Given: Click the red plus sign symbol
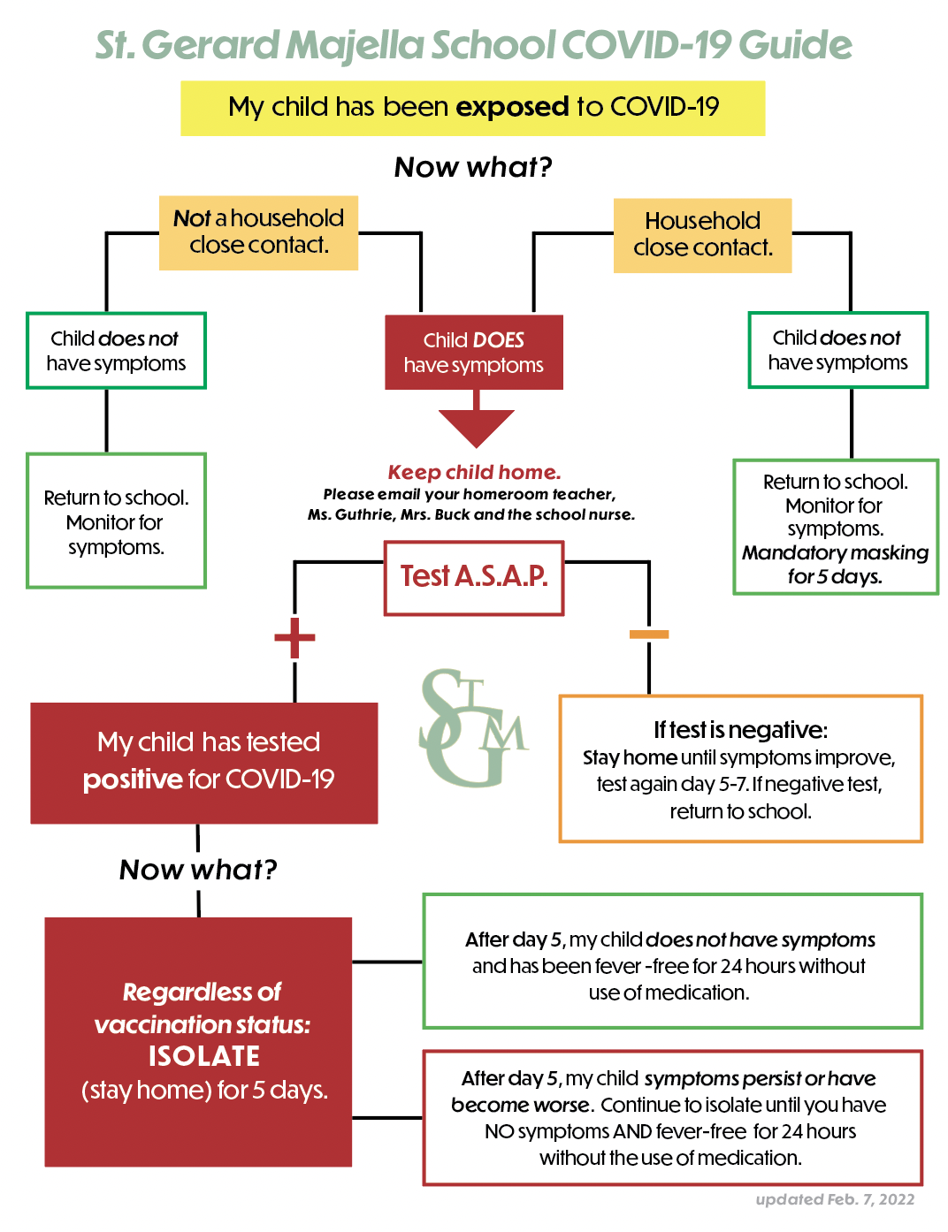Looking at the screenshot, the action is [294, 637].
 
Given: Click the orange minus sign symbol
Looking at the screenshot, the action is [648, 634].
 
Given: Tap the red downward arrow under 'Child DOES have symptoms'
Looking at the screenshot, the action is [476, 419].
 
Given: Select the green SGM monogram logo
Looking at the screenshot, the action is [474, 727].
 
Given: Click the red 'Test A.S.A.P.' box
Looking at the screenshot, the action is [474, 578].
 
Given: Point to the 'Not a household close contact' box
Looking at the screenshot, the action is [258, 232].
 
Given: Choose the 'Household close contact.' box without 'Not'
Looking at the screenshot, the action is [702, 235].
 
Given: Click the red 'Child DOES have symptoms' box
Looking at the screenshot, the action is [474, 352].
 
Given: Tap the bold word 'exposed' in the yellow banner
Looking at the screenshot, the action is [512, 107].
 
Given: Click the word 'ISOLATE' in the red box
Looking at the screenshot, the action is [204, 1056].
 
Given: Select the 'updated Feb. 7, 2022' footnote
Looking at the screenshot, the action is [835, 1199].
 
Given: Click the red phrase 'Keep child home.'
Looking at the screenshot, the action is [474, 472].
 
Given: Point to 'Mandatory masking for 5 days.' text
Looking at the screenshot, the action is [835, 564].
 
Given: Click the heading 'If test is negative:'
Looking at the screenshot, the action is [740, 730].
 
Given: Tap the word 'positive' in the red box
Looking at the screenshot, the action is [133, 780].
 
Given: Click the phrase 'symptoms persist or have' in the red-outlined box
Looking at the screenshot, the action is [761, 1078].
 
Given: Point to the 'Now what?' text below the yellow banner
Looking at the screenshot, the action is [473, 167].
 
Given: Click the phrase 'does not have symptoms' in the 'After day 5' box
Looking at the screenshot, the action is [761, 940].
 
